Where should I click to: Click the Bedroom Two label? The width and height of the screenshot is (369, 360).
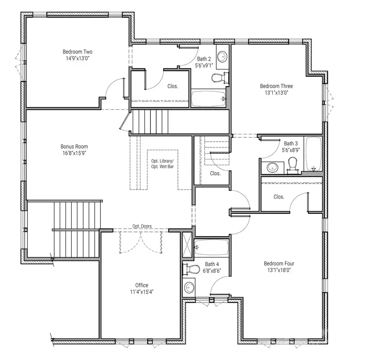coord(77,52)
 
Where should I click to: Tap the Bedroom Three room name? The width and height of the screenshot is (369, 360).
coord(276,86)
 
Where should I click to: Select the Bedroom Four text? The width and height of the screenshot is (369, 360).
coord(279,263)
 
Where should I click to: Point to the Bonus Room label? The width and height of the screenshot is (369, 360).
coord(74,146)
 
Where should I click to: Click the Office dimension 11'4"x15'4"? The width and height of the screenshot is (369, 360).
coord(142,292)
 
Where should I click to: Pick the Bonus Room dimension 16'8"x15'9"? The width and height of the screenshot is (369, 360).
coord(74,153)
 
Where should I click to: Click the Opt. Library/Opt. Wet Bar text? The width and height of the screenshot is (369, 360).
coord(163,164)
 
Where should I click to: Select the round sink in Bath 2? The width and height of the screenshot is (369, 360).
coord(222,57)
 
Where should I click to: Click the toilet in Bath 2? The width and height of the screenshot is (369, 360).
coord(219,78)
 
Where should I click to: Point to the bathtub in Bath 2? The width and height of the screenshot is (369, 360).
coord(209,99)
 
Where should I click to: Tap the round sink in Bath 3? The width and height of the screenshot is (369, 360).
coord(272,167)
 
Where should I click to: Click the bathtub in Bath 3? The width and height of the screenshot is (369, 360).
coord(314,154)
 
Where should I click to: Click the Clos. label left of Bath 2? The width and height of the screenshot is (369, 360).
coord(173,86)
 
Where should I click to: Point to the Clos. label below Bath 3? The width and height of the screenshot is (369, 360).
coord(279,197)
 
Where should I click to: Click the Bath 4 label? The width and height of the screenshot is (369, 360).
coord(212,264)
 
